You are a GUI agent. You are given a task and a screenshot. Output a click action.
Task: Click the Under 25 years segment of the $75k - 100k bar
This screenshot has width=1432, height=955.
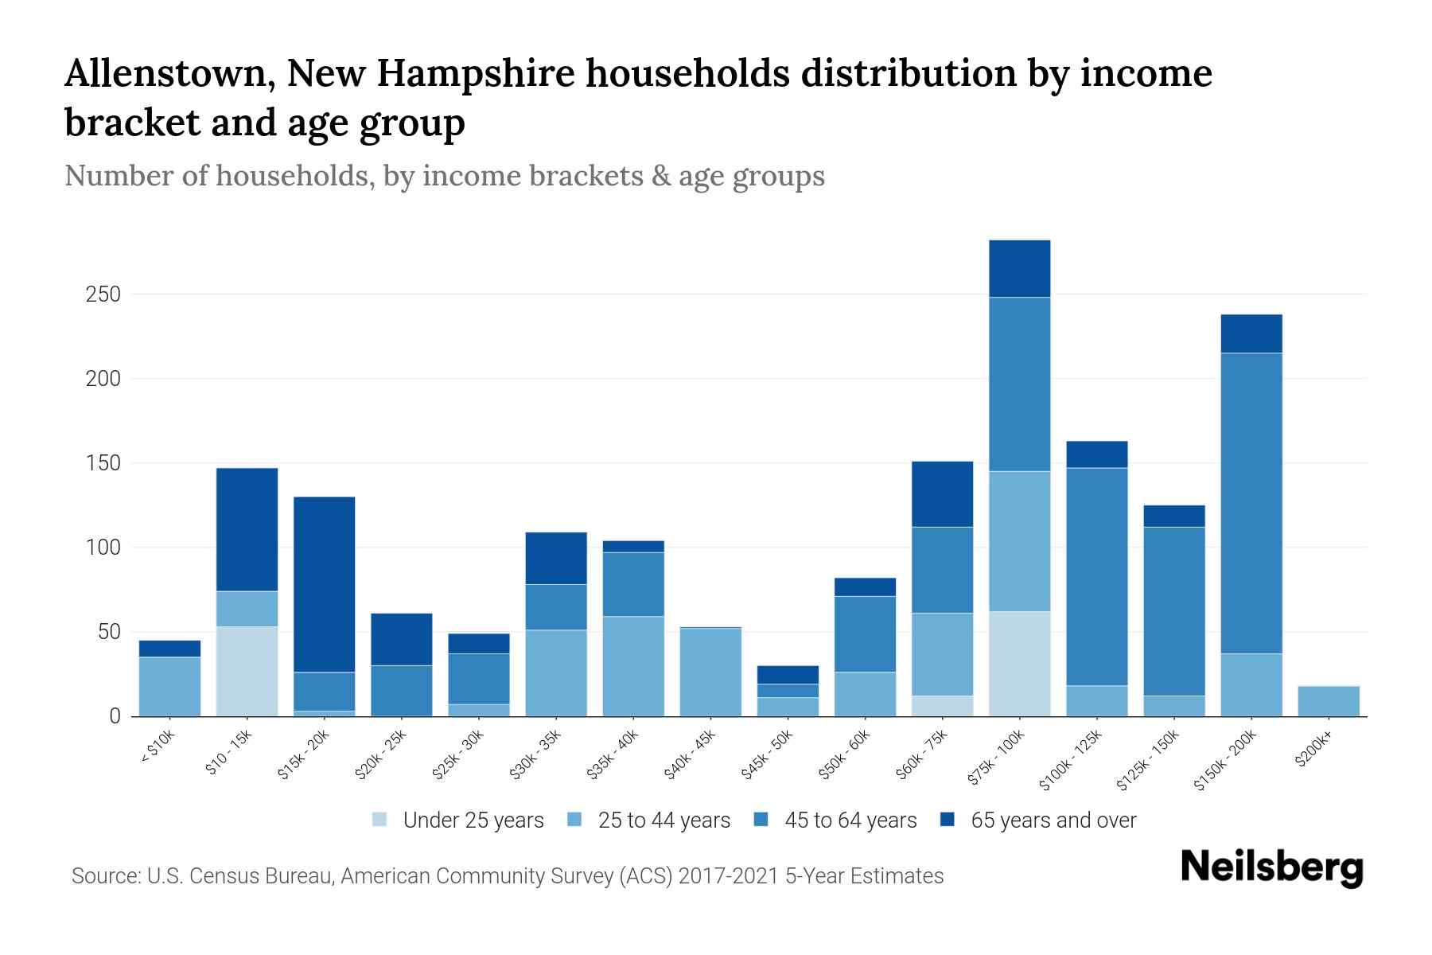tap(1019, 664)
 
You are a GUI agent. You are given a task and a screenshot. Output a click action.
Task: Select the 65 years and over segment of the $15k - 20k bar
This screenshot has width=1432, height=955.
tap(324, 584)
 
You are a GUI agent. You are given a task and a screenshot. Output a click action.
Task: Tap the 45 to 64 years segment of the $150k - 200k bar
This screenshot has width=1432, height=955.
tap(1251, 503)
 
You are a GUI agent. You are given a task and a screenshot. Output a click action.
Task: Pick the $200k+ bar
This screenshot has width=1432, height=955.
tap(1329, 701)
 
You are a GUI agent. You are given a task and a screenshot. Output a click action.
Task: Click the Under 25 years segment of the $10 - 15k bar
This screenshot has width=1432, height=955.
tap(247, 671)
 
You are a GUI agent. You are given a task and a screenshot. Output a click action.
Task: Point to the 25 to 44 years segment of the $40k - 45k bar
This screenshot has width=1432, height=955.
tap(710, 672)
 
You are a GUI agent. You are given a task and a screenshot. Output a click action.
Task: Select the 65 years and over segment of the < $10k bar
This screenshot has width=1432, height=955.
tap(169, 649)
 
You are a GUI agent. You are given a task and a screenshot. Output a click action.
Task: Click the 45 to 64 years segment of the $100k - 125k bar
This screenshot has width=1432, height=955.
tap(1096, 576)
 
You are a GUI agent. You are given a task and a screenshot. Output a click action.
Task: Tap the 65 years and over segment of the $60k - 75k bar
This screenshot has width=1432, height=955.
tap(942, 493)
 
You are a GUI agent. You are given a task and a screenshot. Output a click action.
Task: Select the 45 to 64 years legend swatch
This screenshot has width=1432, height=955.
tap(761, 820)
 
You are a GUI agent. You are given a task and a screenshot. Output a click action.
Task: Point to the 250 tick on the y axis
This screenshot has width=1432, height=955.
tap(103, 294)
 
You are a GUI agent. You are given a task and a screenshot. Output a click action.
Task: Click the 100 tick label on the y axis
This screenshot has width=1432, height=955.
tap(103, 548)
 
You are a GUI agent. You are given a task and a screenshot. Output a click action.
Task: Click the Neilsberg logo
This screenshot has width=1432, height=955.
tap(1271, 867)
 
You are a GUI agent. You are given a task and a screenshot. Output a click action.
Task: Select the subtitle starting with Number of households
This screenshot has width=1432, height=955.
tap(444, 176)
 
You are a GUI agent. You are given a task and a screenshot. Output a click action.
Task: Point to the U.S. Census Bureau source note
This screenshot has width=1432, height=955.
tap(507, 876)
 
